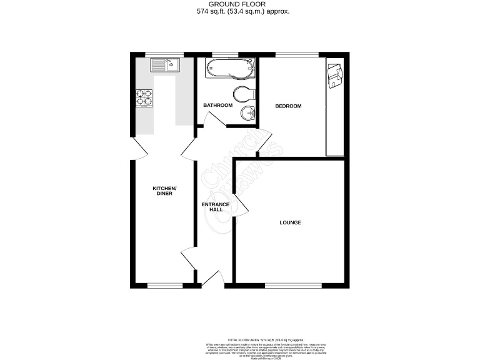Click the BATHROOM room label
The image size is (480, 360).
tap(217, 105)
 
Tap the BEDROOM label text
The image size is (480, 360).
tap(288, 106)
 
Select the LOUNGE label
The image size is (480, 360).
tap(290, 222)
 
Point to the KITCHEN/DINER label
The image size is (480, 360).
tap(166, 191)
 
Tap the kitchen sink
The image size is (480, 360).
tap(164, 63)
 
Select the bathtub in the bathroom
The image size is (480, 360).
tap(231, 68)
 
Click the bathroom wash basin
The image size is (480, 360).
tap(247, 113)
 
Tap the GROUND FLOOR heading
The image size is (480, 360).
tap(239, 4)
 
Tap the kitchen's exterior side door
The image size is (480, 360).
tap(137, 147)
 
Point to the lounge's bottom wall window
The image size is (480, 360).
tap(293, 286)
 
